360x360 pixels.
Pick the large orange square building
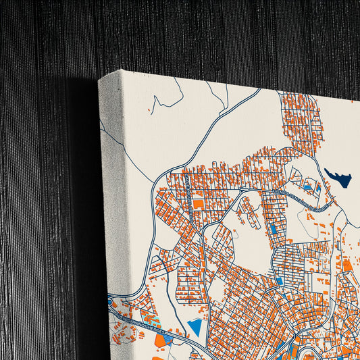pyautogui.click(x=199, y=203)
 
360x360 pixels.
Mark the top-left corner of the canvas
pyautogui.click(x=99, y=78)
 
